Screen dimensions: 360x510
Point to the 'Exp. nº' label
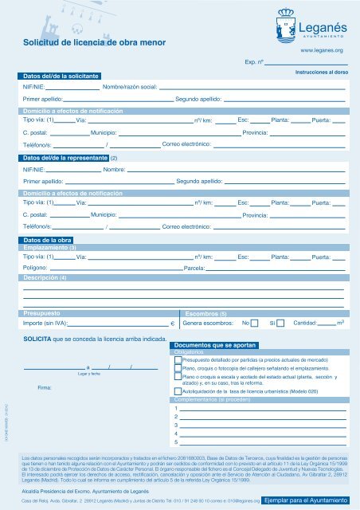tap(254, 61)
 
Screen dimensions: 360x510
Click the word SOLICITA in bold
tap(38, 340)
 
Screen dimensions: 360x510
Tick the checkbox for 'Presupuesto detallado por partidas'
tap(178, 360)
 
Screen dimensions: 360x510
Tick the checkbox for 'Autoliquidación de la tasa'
tap(178, 392)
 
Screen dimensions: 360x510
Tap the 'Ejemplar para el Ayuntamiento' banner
tap(305, 500)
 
